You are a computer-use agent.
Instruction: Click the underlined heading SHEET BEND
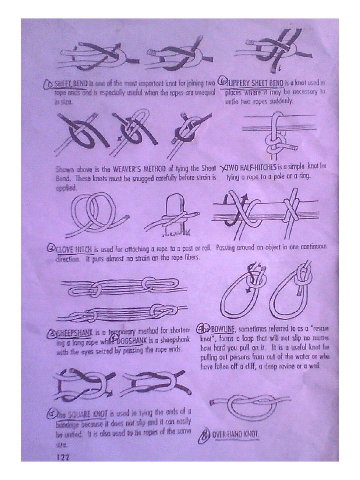(70, 84)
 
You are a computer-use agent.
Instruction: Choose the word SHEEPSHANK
(75, 333)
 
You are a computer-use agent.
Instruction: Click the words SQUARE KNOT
(89, 414)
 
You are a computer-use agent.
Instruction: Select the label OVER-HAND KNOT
(235, 435)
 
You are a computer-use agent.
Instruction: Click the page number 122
(62, 457)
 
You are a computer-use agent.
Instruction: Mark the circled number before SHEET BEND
(48, 85)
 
